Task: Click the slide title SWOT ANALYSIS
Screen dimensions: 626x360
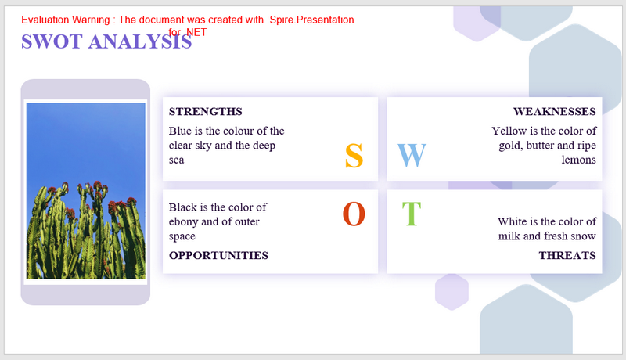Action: (106, 41)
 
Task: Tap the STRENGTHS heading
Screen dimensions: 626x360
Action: (205, 111)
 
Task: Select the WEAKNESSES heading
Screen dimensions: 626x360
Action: (555, 111)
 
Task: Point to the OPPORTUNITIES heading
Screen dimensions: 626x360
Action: (218, 255)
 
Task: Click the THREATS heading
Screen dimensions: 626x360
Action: (567, 255)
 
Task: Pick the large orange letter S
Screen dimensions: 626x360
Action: (354, 156)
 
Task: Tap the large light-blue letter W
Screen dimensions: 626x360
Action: (412, 155)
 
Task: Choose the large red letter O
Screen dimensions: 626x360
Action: (354, 214)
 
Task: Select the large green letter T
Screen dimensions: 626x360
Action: (412, 214)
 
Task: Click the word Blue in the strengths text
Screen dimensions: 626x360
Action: (180, 131)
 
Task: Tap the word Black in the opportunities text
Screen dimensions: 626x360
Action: (183, 207)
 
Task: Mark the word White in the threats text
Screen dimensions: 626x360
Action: (512, 221)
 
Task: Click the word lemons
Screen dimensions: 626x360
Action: (579, 160)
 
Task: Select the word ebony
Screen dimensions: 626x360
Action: (184, 222)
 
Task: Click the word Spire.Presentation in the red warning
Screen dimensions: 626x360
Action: (311, 20)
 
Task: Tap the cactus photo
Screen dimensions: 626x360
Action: (86, 191)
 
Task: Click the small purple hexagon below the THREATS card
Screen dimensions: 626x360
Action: (452, 292)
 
